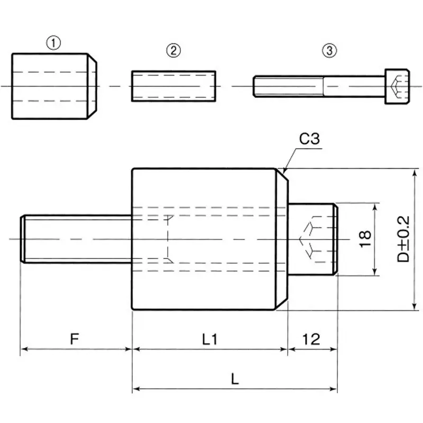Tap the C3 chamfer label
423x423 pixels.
point(309,140)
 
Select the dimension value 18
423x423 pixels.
point(364,239)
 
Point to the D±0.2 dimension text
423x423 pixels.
point(404,239)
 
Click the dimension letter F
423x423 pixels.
point(75,339)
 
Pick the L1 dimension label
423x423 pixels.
point(209,339)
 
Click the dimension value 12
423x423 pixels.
point(312,339)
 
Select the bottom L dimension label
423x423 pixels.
point(235,379)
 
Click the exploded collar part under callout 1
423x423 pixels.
point(53,86)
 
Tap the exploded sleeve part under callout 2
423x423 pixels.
point(173,86)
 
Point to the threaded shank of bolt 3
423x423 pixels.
point(288,86)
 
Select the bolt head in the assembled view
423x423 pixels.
point(312,239)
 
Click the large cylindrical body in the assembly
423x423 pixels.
point(206,239)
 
